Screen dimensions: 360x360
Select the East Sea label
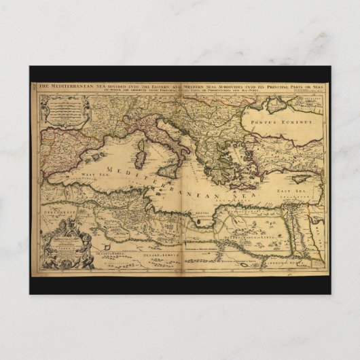coord(290,192)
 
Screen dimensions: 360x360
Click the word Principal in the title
coord(268,86)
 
